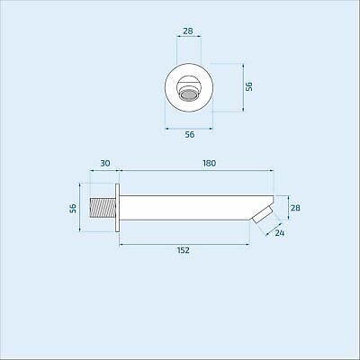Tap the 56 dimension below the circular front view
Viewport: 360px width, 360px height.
click(x=190, y=134)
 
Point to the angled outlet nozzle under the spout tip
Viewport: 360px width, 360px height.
click(x=263, y=216)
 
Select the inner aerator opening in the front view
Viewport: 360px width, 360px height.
click(x=190, y=93)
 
